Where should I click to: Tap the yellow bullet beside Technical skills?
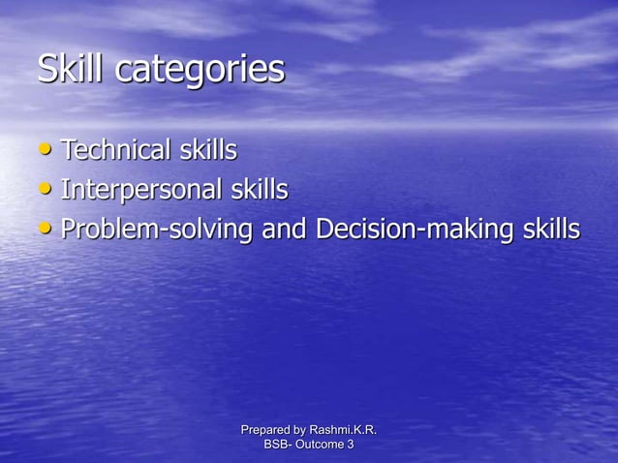46,150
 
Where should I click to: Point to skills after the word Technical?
207,150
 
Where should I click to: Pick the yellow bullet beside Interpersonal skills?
46,190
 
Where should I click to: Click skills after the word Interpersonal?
259,190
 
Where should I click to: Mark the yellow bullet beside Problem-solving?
46,230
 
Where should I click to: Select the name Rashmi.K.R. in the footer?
343,429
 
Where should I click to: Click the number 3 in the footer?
351,444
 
